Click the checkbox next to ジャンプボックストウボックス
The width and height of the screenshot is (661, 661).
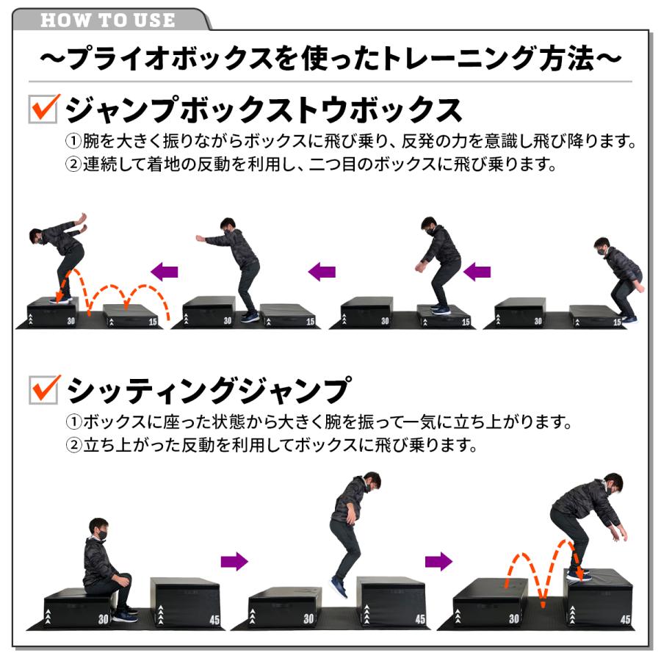pyautogui.click(x=43, y=109)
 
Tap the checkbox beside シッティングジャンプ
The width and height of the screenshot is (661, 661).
pyautogui.click(x=43, y=390)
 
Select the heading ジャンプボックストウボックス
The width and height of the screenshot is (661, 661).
pyautogui.click(x=264, y=110)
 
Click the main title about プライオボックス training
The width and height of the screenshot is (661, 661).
pyautogui.click(x=330, y=59)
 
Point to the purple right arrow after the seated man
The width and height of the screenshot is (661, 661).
pyautogui.click(x=234, y=562)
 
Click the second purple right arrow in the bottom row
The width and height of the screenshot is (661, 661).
pyautogui.click(x=439, y=562)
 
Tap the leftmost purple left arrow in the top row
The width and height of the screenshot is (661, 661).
pyautogui.click(x=165, y=272)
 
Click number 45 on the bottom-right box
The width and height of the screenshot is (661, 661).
pyautogui.click(x=624, y=619)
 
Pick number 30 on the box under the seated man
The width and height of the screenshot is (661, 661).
pyautogui.click(x=102, y=619)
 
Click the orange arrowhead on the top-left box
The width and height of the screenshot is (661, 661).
pyautogui.click(x=57, y=297)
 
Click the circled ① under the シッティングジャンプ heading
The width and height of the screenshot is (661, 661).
pyautogui.click(x=73, y=424)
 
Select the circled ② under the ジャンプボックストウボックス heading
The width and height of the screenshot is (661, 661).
pyautogui.click(x=73, y=164)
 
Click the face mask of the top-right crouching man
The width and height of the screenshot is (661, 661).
pyautogui.click(x=602, y=251)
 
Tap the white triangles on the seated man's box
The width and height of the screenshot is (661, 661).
pyautogui.click(x=50, y=615)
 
